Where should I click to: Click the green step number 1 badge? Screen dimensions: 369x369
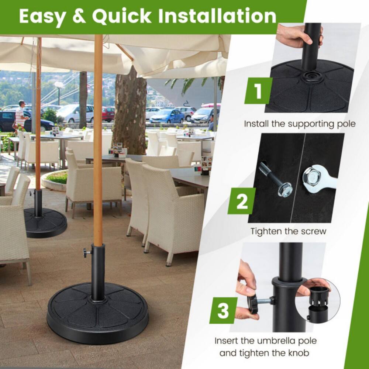point(258,91)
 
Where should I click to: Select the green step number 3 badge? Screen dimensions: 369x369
point(223,310)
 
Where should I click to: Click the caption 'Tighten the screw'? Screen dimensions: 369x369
point(288,231)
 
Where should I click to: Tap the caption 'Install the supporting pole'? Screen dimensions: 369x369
point(300,124)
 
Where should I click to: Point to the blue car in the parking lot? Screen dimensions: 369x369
point(167,116)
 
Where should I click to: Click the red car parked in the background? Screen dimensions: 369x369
point(108,114)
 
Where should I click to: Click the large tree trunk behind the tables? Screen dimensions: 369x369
point(130,111)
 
